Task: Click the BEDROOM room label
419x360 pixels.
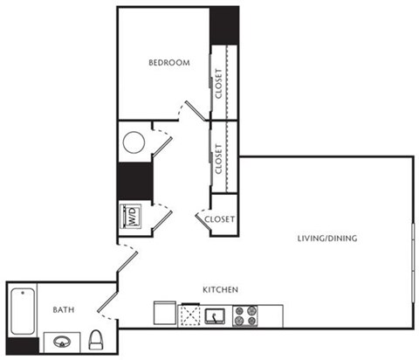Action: coord(169,63)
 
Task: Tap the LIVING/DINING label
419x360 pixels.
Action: coord(327,239)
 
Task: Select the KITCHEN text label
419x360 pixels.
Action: coord(222,288)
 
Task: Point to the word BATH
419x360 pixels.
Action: coord(63,309)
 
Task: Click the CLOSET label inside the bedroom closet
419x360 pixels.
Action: coord(217,84)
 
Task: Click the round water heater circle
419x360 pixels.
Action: coord(134,142)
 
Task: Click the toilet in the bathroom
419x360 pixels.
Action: coord(99,339)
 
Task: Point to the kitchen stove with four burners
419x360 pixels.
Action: coord(245,315)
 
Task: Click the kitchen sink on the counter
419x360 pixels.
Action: coord(217,315)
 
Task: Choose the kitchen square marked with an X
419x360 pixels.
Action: coord(190,315)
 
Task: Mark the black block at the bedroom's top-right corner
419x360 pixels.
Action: coord(223,24)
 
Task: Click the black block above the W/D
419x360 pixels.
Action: coord(134,181)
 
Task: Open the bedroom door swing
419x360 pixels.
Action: coord(192,109)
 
